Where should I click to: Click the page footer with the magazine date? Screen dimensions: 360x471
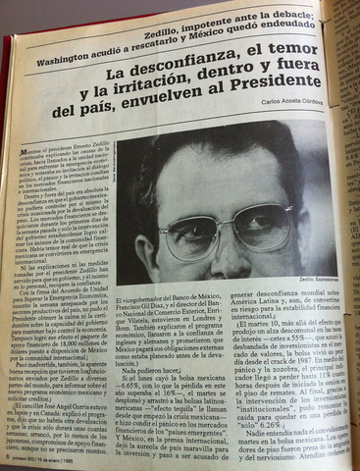(x=48, y=459)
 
